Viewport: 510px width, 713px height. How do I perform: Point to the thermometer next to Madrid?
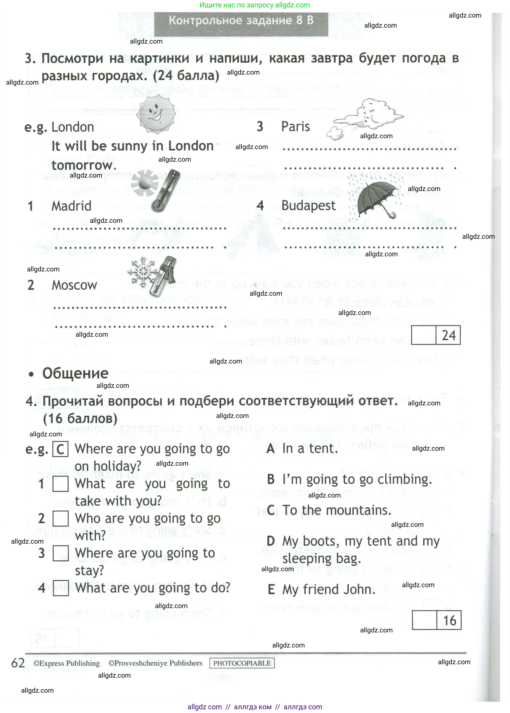click(x=166, y=191)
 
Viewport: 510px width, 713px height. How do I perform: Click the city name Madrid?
click(x=71, y=206)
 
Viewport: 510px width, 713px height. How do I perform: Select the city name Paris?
click(x=295, y=127)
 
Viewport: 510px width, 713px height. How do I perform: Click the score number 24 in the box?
click(x=448, y=335)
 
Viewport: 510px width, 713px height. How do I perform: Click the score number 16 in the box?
click(x=449, y=621)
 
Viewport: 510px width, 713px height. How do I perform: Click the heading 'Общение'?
click(x=75, y=373)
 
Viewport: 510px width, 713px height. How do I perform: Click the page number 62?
click(x=18, y=663)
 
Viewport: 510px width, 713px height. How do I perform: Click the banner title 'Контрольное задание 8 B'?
click(x=241, y=21)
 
